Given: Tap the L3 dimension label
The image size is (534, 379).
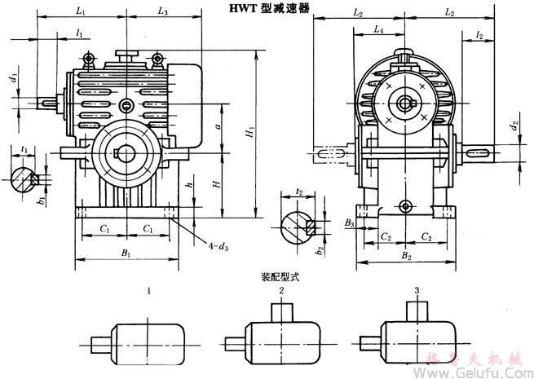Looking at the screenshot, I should (163, 11).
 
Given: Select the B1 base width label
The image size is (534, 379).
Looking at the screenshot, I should (126, 254).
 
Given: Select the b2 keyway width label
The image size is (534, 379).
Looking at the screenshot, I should (320, 243).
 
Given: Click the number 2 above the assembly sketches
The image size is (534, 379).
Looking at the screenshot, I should (281, 290).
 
